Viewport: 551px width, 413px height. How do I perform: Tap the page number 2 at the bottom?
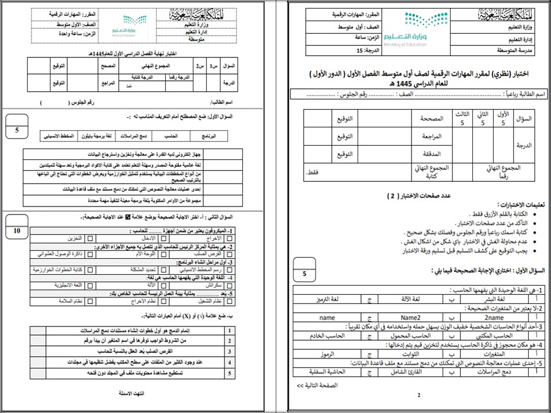point(419,395)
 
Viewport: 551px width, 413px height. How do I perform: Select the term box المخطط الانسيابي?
point(60,136)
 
